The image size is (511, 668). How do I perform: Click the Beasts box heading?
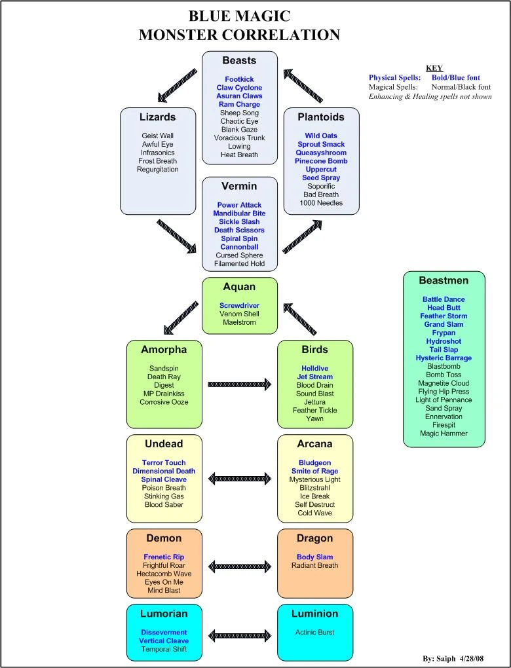pos(239,60)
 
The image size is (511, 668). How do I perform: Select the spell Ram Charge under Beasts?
pos(239,104)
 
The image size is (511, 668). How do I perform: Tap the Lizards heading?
pos(158,117)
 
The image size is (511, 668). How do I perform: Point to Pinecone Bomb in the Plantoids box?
pos(321,161)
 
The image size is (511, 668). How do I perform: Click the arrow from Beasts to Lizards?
pos(178,84)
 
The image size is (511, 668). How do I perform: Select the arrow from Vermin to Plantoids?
pos(302,237)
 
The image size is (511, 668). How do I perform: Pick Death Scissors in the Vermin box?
pos(239,231)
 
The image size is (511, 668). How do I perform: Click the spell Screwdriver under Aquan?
pos(239,305)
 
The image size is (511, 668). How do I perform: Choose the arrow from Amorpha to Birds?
pos(239,385)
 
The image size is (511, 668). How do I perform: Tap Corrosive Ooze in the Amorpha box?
pos(164,402)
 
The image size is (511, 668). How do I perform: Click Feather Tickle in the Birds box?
pos(314,411)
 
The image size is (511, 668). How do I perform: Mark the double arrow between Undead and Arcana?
pos(239,479)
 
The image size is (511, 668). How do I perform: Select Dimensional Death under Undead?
pos(164,471)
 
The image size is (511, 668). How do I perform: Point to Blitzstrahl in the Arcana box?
pos(314,488)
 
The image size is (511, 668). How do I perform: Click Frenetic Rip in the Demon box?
pos(164,557)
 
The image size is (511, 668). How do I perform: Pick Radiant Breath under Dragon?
pos(314,566)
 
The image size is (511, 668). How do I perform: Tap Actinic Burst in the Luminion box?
pos(314,633)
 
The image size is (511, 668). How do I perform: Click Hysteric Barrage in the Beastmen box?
pos(444,358)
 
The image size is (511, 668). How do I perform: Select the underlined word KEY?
pos(434,68)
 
